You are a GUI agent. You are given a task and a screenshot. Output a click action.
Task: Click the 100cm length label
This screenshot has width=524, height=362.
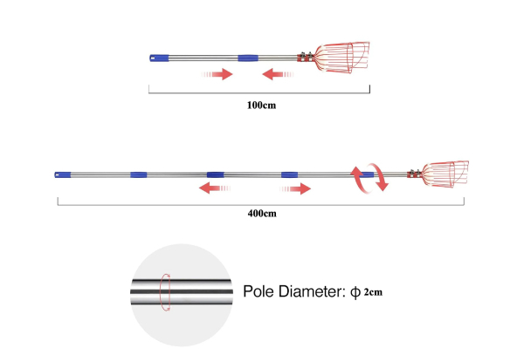261,105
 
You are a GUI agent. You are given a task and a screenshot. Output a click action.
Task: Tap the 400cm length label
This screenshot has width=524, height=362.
262,213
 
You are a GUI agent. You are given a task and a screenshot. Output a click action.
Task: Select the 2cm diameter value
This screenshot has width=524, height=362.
373,292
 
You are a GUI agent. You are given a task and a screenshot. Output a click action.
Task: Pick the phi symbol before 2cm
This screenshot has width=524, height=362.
355,292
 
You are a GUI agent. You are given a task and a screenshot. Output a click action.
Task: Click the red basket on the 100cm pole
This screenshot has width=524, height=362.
341,58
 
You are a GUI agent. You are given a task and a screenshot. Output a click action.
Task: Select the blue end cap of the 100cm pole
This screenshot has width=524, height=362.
159,58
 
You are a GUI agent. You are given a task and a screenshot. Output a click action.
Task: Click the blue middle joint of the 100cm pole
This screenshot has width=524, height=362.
248,58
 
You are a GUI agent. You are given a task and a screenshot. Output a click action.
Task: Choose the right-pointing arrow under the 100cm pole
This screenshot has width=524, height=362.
217,74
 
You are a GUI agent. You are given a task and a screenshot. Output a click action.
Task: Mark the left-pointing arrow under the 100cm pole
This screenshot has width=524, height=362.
278,74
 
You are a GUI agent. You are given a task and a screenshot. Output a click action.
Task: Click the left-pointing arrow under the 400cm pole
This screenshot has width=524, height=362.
215,188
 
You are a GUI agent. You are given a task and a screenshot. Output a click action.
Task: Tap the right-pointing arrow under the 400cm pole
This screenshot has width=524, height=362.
295,188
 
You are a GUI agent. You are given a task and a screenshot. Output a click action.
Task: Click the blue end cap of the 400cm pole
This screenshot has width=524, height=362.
63,174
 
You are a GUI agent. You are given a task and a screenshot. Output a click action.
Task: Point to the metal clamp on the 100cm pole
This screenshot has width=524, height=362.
306,57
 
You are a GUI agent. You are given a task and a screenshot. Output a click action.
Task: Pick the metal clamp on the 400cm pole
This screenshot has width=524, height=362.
414,174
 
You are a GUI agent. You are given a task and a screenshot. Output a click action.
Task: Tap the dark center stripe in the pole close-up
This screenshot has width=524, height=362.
182,291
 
